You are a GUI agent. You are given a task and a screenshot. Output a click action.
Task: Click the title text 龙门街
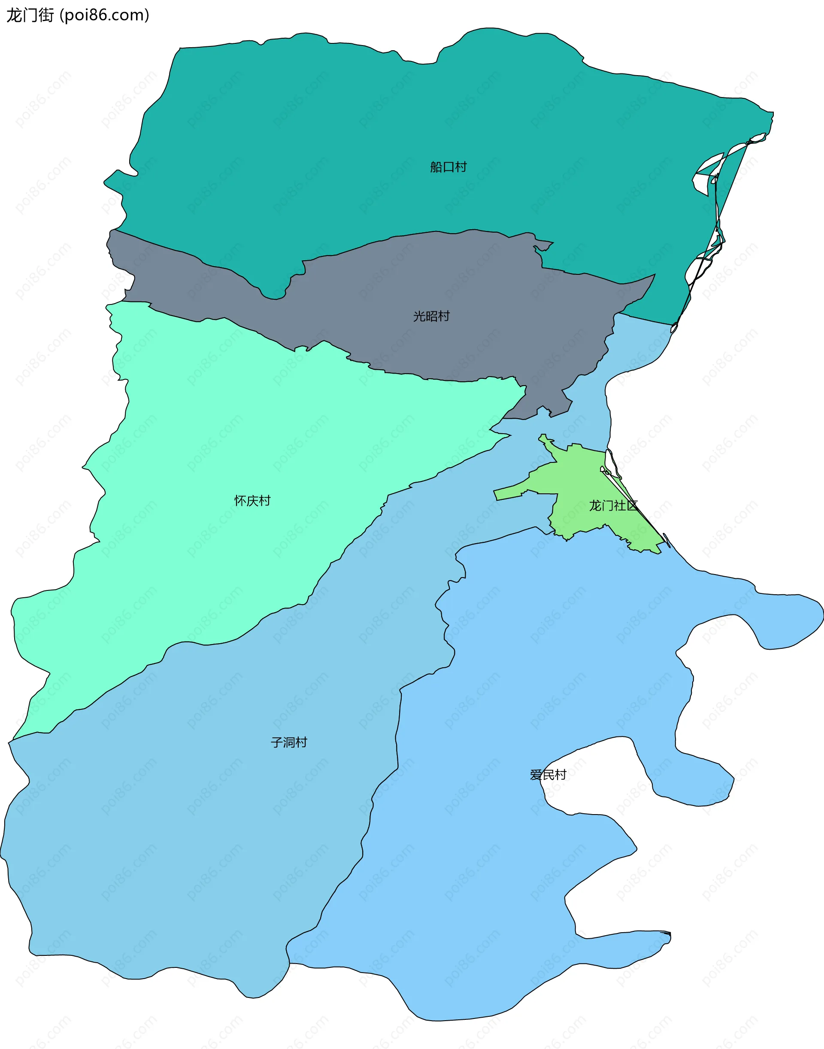click(30, 15)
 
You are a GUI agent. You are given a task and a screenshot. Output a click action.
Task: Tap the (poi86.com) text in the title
click(104, 15)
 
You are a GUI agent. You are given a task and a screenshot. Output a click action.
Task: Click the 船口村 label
click(448, 167)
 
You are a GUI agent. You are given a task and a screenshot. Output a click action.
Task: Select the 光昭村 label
click(431, 316)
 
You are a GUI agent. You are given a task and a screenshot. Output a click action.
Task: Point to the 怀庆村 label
click(252, 501)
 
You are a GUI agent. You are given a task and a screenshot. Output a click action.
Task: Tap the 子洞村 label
click(289, 742)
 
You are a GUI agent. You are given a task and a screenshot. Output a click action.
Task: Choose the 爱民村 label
click(548, 775)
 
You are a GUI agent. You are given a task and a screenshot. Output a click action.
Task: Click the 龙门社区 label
click(613, 505)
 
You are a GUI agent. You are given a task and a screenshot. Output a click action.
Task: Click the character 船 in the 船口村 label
click(436, 167)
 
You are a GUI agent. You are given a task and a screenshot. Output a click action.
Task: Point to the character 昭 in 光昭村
click(431, 316)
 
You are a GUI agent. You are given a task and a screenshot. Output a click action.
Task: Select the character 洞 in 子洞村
click(289, 742)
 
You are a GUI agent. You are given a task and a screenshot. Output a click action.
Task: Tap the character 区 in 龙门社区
click(631, 505)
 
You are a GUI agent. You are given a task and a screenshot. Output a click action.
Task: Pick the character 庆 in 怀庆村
click(252, 501)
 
